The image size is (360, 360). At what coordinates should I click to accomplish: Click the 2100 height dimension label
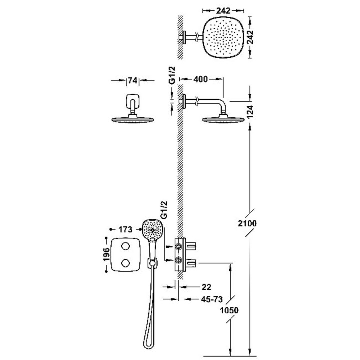[247, 224]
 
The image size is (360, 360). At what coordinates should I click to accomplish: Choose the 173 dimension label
[126, 230]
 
